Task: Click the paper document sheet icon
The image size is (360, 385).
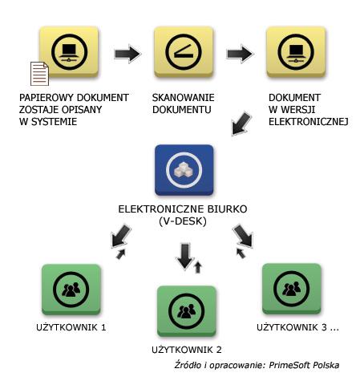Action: [39, 74]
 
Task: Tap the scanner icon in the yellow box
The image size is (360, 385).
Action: [184, 51]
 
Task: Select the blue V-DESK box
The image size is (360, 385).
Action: [184, 170]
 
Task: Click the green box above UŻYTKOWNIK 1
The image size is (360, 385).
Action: [71, 290]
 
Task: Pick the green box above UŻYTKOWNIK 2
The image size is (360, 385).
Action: [187, 311]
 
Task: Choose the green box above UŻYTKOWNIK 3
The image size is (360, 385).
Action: [292, 289]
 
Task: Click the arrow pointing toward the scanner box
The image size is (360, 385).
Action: [127, 54]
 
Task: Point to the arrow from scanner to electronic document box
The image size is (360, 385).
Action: [240, 54]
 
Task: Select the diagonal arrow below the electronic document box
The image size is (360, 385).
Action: [241, 124]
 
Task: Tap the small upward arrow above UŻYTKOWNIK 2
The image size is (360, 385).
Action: [198, 267]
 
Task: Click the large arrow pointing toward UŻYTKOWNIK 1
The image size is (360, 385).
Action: [121, 236]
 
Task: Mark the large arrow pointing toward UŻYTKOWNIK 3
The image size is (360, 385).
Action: [243, 236]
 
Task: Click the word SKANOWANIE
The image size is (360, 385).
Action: [184, 98]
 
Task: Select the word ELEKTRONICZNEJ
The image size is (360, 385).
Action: [309, 122]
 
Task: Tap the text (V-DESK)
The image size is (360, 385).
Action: [183, 221]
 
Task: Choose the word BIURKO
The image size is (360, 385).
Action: [228, 209]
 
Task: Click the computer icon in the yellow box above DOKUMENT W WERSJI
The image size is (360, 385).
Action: [296, 52]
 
